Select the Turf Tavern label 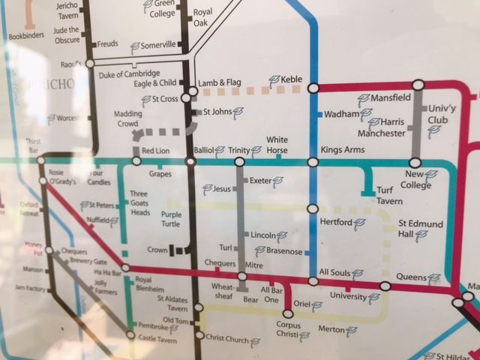point(389,196)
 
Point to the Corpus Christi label point(289,330)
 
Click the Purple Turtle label point(171,220)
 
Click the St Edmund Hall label point(421,229)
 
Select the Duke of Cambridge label point(129,73)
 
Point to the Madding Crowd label point(128,118)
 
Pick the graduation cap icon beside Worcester point(52,118)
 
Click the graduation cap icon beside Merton point(351,331)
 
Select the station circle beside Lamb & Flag point(193,91)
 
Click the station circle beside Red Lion point(136,160)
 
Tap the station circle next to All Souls point(313,281)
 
